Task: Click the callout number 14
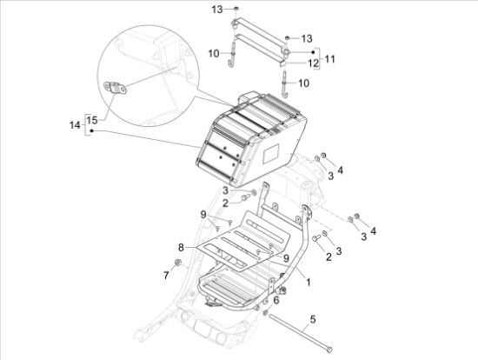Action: point(75,125)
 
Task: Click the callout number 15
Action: point(92,120)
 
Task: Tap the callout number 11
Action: point(329,59)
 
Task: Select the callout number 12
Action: point(313,63)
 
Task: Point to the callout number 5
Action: point(313,319)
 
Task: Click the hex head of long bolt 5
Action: point(329,350)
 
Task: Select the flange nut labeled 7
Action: point(177,262)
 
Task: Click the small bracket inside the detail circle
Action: point(116,89)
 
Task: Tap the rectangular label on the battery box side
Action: point(271,154)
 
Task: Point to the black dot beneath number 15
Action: point(91,131)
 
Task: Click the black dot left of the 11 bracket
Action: point(313,52)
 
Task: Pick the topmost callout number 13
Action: point(217,10)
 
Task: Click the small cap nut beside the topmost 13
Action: point(236,9)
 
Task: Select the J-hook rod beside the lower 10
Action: point(285,83)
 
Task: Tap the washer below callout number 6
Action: point(265,312)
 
